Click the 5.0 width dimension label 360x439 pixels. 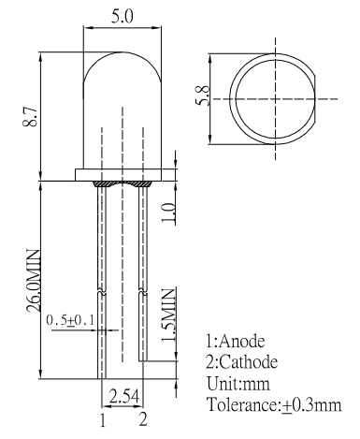pos(122,17)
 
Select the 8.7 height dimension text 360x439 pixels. pos(31,116)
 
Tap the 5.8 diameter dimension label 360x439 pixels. pos(203,95)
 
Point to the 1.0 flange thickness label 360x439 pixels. pos(168,213)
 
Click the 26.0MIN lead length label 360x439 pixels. pos(34,281)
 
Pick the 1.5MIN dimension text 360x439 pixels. pos(168,315)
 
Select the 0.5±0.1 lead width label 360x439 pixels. pos(70,320)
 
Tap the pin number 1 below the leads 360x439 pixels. pos(103,420)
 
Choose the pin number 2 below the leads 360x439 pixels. pos(143,419)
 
